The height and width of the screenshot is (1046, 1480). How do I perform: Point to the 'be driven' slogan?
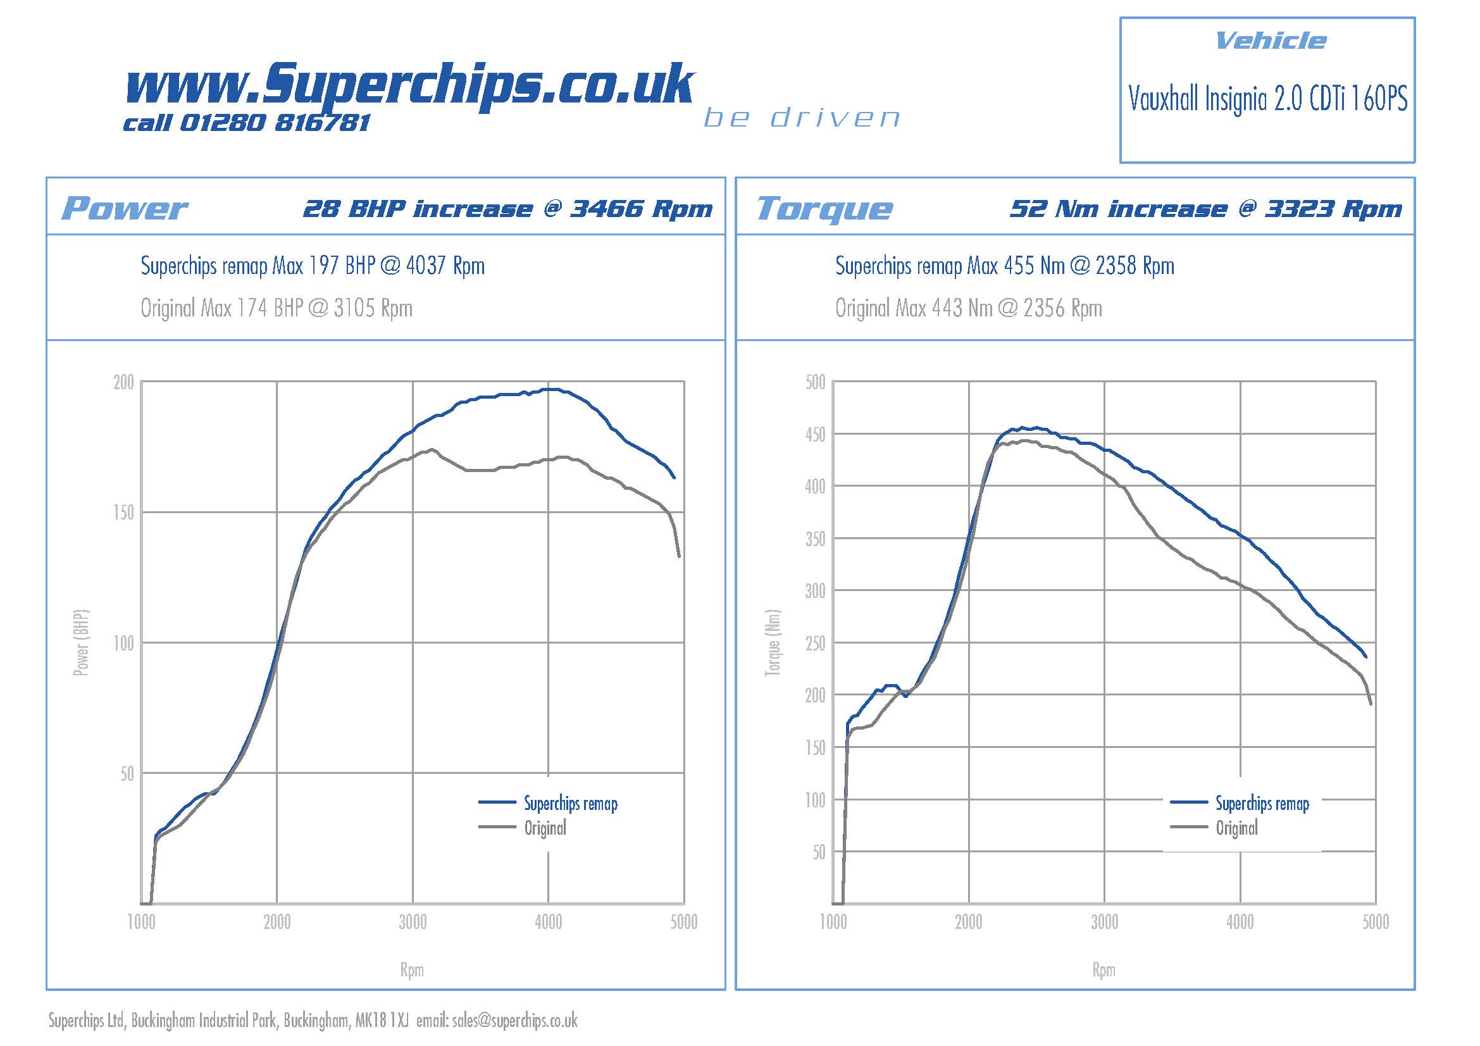point(801,118)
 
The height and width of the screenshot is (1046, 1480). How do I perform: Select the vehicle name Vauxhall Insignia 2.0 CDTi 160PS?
point(1267,99)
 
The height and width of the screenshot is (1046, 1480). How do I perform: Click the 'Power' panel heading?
point(124,208)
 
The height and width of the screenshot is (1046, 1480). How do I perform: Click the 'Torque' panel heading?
point(824,208)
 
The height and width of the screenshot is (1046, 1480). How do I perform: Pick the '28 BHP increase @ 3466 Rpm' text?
point(507,209)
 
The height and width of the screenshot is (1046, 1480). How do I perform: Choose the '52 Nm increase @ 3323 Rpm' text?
point(1205,209)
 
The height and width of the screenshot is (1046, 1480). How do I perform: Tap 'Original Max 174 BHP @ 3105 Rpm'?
point(277,308)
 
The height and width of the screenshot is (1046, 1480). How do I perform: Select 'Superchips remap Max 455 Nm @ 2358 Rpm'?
point(1004,266)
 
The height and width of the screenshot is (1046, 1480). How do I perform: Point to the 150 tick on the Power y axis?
point(124,513)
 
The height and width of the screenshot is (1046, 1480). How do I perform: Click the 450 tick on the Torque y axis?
point(815,434)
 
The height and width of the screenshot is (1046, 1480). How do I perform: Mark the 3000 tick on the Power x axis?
point(413,922)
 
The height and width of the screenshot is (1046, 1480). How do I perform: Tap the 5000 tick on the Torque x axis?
point(1375,922)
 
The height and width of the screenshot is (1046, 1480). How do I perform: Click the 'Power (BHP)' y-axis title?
point(80,642)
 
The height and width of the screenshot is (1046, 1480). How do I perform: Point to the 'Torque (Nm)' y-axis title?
point(772,642)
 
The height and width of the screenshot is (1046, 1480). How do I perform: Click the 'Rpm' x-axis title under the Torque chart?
point(1104,970)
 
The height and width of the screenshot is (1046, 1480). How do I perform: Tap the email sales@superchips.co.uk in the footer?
point(514,1020)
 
